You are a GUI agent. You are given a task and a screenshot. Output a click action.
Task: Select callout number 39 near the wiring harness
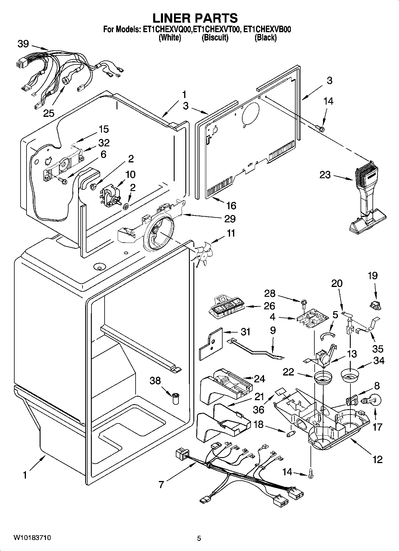coord(23,44)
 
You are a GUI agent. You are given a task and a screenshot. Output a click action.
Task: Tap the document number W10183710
coord(32,538)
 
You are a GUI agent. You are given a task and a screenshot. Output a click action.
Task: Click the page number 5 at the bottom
coord(199,538)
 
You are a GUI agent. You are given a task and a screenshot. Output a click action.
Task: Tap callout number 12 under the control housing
coord(377,459)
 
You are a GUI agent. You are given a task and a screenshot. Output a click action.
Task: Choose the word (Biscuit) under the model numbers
coord(215,38)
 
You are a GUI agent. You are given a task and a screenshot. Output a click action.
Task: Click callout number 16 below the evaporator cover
coord(231,205)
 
